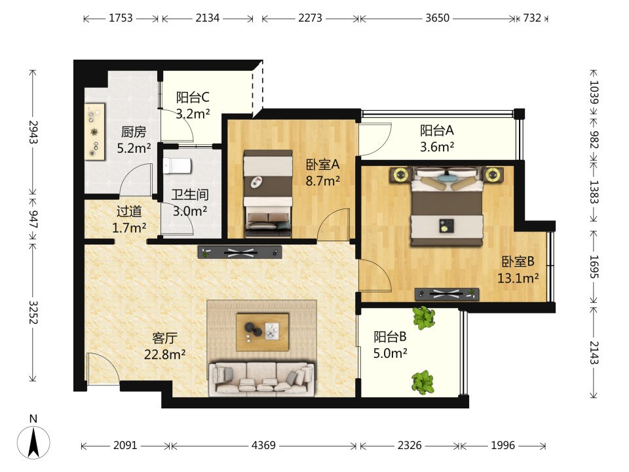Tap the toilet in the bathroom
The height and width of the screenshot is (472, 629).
177,166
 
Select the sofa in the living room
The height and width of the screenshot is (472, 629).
261,378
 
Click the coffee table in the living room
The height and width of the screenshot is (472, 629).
262,332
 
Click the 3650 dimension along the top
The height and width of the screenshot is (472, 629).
437,18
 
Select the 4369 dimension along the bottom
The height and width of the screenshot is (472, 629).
263,445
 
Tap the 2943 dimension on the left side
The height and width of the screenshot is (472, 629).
33,132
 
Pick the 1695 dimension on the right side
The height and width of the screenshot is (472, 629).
594,267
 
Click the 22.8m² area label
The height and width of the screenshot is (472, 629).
164,355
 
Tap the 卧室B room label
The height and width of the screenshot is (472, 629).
518,262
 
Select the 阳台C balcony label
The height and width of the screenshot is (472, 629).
193,97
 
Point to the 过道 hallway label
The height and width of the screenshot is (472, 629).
129,211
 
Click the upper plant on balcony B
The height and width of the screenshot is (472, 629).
424,318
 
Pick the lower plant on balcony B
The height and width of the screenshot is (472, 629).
423,382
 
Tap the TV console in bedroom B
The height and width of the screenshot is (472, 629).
446,294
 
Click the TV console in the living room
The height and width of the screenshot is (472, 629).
240,252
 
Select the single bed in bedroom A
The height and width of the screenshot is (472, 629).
268,193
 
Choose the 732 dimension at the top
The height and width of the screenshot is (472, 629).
532,18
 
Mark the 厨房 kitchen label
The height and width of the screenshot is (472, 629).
134,132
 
